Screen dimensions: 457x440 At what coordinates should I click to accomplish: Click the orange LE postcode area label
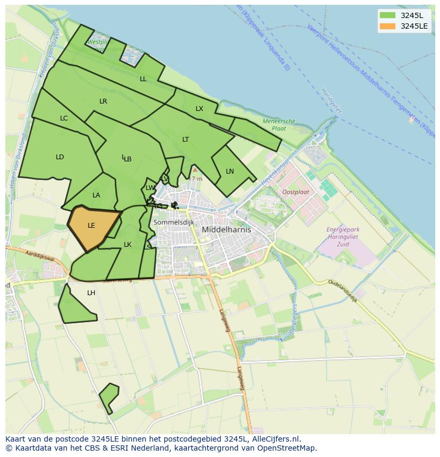91,226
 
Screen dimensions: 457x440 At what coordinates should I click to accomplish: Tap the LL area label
143,79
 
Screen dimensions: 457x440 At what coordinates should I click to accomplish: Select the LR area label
103,101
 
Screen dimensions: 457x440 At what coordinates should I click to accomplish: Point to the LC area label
64,118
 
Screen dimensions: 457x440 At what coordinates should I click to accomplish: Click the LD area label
60,157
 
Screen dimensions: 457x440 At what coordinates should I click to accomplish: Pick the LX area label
199,109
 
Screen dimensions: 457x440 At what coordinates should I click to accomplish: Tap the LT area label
185,140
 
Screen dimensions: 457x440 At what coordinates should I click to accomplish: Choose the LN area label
230,171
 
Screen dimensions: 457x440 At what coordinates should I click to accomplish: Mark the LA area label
96,195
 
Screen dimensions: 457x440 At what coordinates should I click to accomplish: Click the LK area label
128,245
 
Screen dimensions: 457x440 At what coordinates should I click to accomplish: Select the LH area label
91,293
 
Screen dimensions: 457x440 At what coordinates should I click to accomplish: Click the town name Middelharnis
226,230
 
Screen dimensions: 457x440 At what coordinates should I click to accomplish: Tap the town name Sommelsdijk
173,222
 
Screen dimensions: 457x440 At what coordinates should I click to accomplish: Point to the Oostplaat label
295,192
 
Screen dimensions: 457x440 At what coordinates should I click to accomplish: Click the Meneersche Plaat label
279,125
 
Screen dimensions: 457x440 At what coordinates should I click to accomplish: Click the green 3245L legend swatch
388,15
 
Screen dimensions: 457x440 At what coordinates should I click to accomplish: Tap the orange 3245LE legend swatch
388,26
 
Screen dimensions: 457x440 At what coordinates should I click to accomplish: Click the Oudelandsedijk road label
343,290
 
